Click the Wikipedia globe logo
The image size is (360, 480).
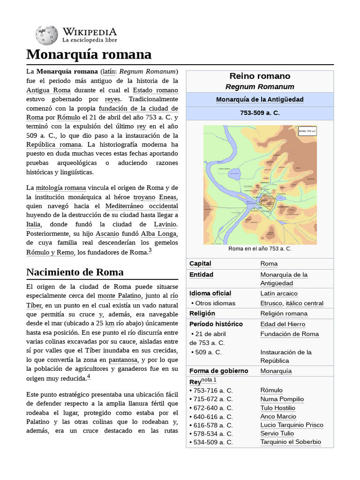pos(46,35)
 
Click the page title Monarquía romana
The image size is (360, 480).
pos(89,54)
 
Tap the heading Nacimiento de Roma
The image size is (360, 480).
pos(75,272)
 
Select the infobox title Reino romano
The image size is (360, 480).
pos(260,76)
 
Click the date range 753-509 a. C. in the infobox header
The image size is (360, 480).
pos(260,113)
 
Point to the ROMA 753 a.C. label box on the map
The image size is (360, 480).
pos(307,131)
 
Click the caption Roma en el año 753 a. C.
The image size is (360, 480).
pos(260,249)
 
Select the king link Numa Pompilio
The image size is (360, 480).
pos(282,399)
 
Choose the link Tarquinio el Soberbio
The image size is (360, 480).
pos(291,442)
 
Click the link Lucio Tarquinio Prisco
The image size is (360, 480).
pos(292,425)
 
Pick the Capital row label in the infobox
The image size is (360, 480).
pos(200,264)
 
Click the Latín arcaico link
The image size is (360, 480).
pos(279,294)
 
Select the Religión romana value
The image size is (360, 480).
pos(284,314)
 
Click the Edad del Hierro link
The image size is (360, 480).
pos(283,324)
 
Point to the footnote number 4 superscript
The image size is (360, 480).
pos(88,376)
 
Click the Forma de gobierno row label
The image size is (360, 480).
pos(218,371)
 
